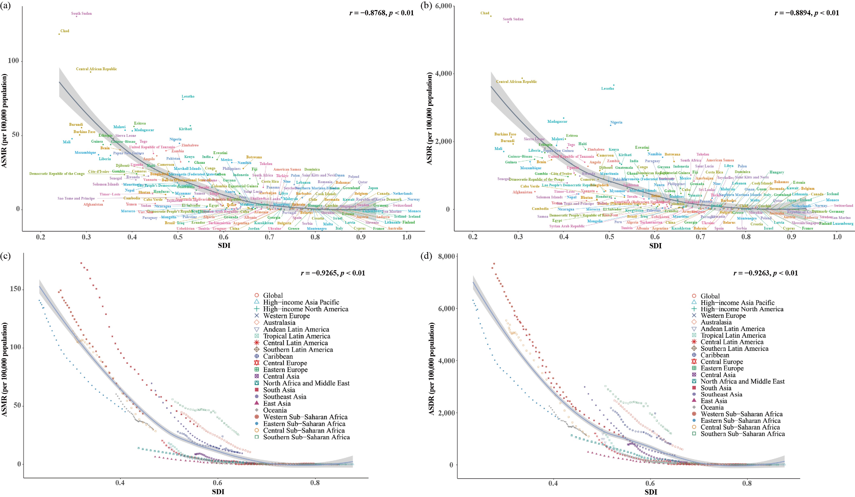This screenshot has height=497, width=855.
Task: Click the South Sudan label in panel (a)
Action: click(81, 13)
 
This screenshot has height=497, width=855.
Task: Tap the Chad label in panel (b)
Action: click(485, 13)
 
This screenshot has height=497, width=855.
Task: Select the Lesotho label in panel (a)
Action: click(188, 96)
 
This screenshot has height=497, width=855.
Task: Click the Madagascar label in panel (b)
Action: click(557, 122)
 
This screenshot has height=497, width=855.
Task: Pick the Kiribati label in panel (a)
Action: click(185, 129)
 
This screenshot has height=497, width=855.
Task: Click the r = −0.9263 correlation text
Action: click(765, 273)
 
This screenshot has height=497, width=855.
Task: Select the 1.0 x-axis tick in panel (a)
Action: click(406, 237)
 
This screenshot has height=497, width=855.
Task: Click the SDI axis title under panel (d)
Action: click(650, 492)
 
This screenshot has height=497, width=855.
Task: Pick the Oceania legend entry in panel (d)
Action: click(712, 407)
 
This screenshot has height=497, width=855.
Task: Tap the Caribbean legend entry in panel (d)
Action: click(715, 355)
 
